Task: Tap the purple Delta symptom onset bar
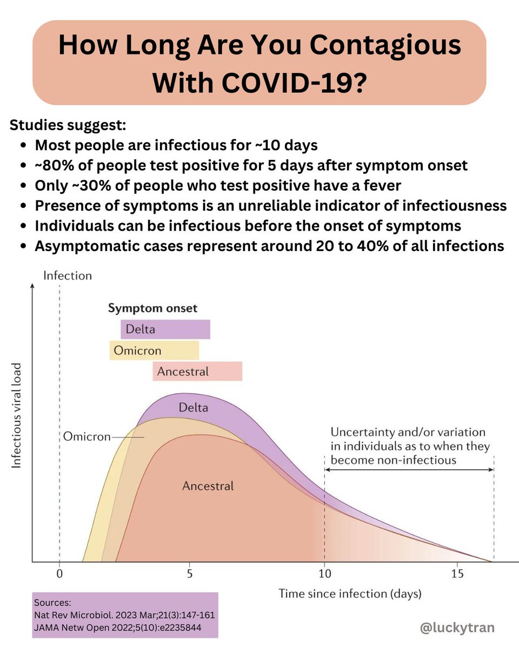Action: pos(165,329)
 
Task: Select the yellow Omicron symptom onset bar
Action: pos(154,350)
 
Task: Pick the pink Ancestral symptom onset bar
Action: pos(197,372)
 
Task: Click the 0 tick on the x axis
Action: pos(59,573)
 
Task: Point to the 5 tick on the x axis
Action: pos(189,573)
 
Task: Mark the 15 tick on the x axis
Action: pos(457,573)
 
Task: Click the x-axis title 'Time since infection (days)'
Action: pos(350,594)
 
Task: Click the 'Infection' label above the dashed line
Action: pos(68,276)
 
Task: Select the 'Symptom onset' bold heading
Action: pos(152,309)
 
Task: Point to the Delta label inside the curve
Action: pos(193,407)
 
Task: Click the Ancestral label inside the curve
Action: pos(208,486)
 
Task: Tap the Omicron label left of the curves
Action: pos(86,436)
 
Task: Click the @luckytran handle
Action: pos(457,627)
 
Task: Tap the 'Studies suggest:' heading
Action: pos(68,125)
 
